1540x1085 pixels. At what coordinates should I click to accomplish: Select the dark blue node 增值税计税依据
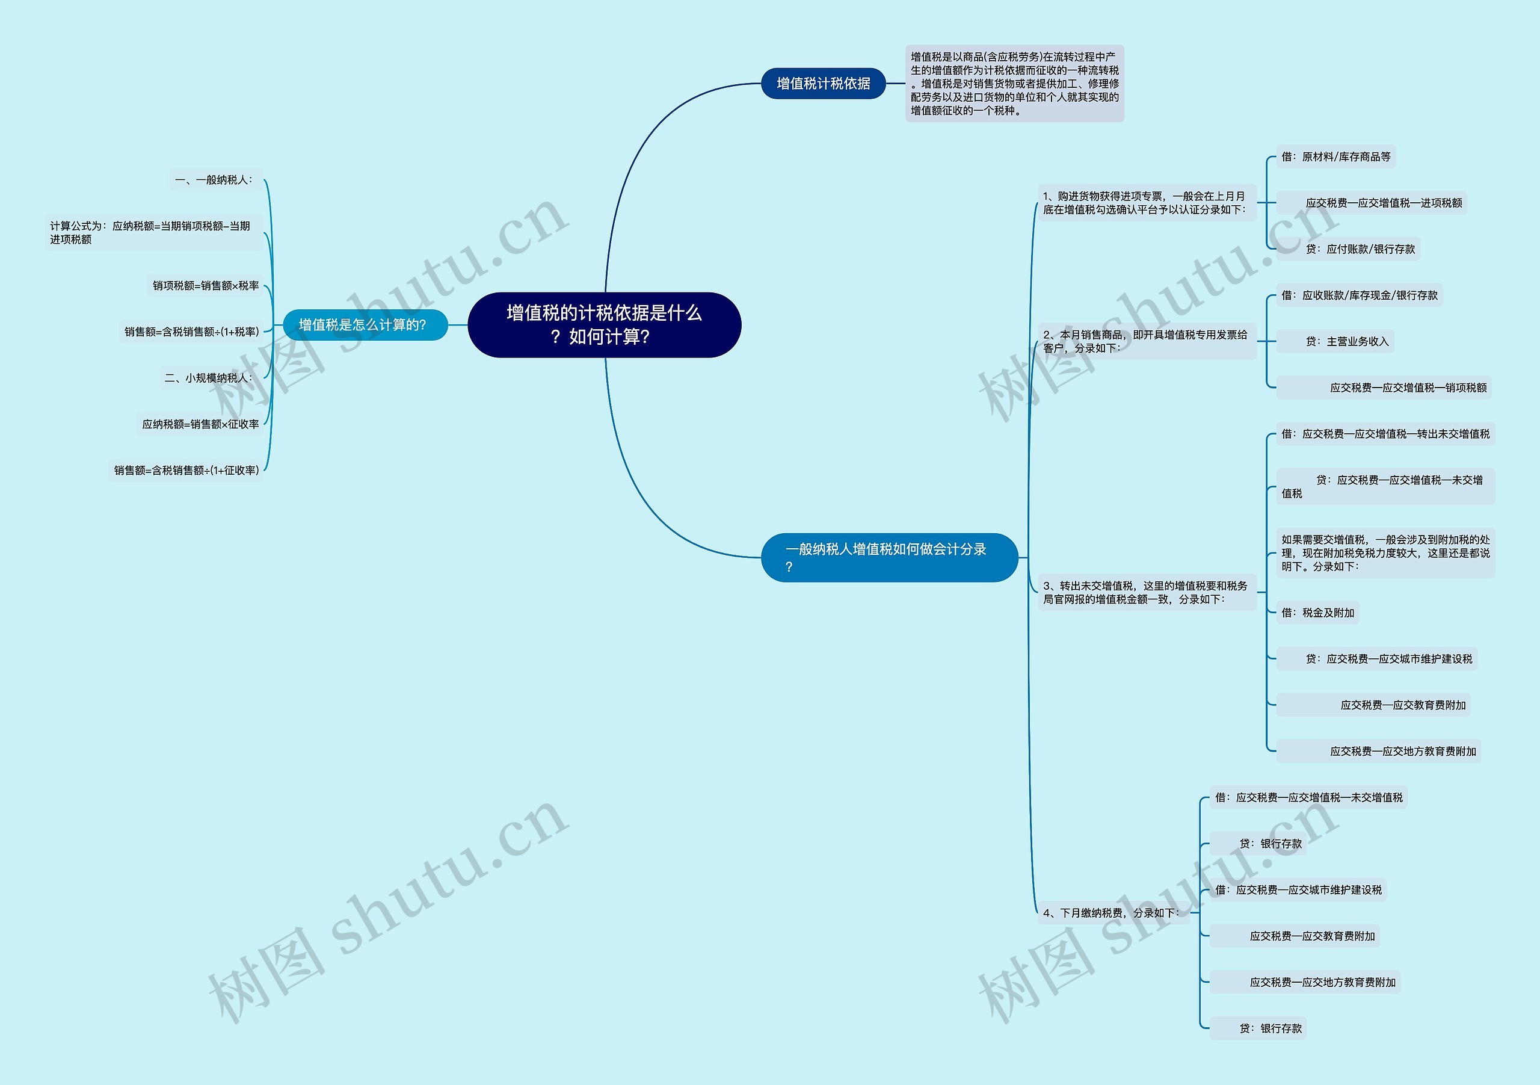[823, 83]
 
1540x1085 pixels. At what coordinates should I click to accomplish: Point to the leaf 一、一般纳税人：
[214, 180]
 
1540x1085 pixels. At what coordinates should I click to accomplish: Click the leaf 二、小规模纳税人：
[209, 378]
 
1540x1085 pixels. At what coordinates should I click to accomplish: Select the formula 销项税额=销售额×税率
[205, 286]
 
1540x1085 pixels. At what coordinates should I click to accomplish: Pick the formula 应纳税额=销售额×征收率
[200, 424]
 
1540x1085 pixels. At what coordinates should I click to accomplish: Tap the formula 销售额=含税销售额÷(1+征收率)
[186, 471]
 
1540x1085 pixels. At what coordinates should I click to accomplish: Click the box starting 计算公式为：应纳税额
[153, 232]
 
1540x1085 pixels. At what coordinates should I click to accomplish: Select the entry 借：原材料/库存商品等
[1335, 157]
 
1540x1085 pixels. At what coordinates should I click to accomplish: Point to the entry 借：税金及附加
[1317, 613]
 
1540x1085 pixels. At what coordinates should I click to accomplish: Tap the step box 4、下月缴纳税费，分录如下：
[1112, 912]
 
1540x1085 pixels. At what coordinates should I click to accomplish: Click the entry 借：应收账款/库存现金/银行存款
[1359, 295]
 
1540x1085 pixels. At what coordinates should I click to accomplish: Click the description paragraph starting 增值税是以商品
[1014, 83]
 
